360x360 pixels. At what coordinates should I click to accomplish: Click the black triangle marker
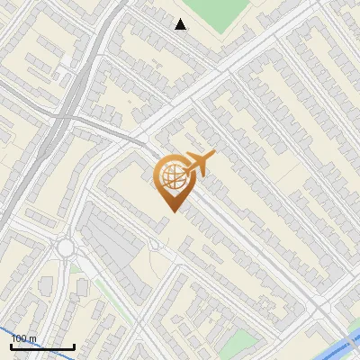181,24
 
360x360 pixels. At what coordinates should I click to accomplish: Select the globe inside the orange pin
171,177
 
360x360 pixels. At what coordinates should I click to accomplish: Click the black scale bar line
42,347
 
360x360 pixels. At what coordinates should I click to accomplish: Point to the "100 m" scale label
24,339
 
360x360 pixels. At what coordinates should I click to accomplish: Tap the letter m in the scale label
33,339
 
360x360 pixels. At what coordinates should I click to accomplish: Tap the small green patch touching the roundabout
76,266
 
